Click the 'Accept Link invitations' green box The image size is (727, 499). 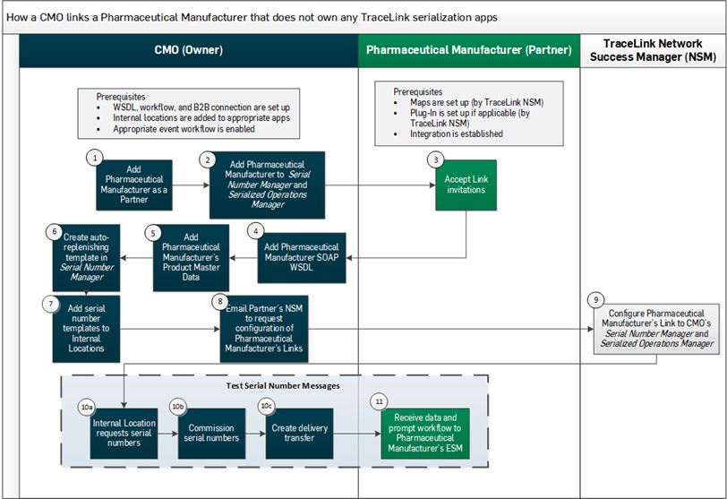tap(465, 185)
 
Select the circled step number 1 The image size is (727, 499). tap(92, 157)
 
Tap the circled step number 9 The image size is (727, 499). tap(596, 300)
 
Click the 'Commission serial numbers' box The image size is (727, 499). tap(211, 434)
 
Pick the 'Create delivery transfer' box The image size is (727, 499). tap(300, 434)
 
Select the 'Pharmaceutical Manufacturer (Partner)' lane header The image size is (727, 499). tap(468, 50)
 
